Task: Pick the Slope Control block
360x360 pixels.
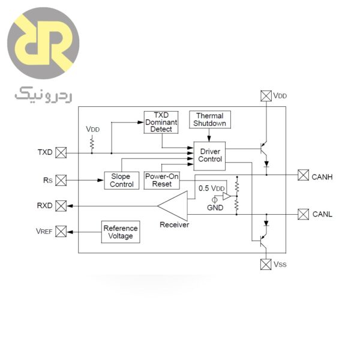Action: coord(122,180)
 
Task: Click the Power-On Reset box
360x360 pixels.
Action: coord(158,180)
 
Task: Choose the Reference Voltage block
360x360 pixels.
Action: coord(121,232)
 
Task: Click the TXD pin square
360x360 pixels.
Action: coord(61,152)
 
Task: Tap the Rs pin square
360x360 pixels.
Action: coord(61,179)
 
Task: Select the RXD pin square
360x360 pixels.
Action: coord(61,206)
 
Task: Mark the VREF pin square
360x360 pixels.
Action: coord(61,232)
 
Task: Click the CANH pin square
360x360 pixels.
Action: coord(303,175)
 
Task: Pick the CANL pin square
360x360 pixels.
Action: coord(303,214)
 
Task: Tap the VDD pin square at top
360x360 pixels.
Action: coord(266,95)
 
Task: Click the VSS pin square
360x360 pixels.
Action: coord(266,264)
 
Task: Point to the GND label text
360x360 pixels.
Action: coord(215,208)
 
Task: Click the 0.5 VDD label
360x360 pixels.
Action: coord(211,188)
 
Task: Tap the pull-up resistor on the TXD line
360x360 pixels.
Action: coord(92,143)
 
